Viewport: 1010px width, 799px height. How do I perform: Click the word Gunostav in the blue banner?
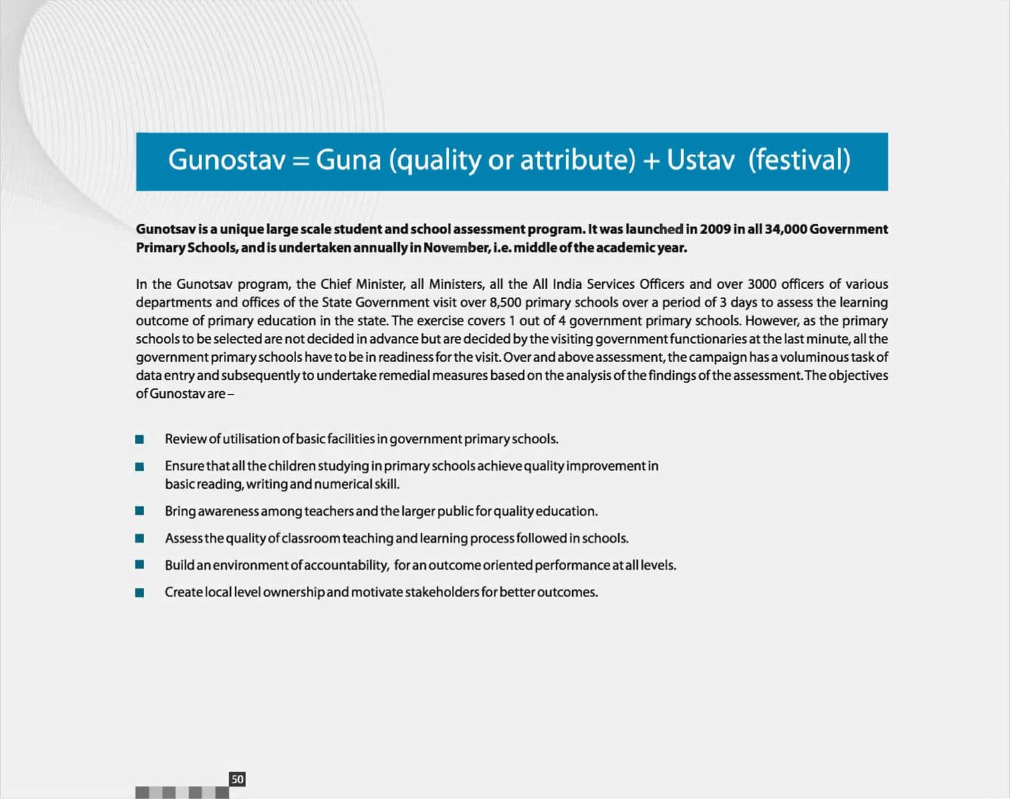[x=227, y=160]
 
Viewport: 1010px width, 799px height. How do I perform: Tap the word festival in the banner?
[x=799, y=160]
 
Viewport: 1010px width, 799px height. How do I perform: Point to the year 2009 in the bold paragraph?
[x=715, y=229]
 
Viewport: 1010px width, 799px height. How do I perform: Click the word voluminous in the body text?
[x=825, y=357]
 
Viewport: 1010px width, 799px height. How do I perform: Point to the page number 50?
[x=237, y=779]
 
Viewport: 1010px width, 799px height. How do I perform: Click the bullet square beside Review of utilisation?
[x=140, y=439]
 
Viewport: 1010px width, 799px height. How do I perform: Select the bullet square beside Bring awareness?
[x=140, y=511]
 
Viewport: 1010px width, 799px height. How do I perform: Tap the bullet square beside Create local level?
[x=140, y=592]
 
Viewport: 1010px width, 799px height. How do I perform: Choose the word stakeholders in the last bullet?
[x=442, y=592]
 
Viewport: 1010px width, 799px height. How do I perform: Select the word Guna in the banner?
[x=348, y=160]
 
